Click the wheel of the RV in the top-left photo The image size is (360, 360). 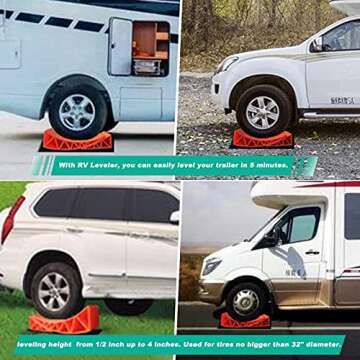tap(77, 113)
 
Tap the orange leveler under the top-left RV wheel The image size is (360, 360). tap(76, 141)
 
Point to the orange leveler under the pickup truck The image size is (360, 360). tap(262, 138)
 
